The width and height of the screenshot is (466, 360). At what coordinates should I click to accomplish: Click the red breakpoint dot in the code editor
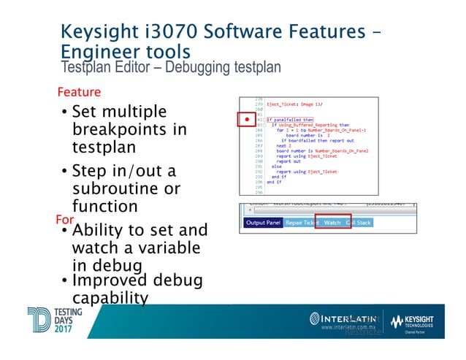point(247,119)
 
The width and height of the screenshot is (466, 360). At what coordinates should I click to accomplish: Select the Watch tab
point(332,222)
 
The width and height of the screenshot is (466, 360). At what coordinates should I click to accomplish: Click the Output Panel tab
point(262,222)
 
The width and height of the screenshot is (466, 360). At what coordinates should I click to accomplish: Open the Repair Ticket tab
point(302,222)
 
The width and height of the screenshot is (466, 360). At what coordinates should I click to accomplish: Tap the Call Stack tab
point(359,222)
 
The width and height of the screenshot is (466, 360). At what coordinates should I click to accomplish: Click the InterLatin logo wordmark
point(344,318)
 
